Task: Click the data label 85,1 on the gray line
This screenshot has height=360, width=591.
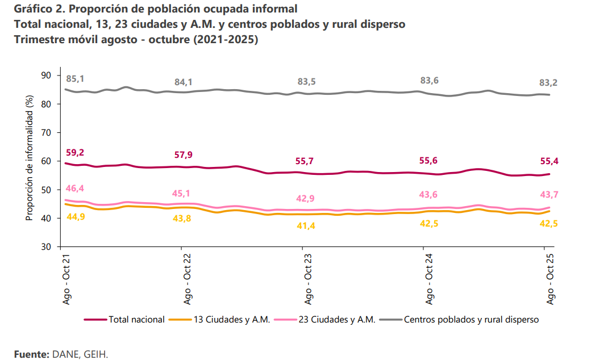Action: (75, 79)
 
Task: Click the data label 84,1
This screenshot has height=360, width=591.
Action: (183, 82)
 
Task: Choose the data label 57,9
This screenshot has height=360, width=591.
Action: (183, 154)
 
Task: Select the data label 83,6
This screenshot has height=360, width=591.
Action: (429, 81)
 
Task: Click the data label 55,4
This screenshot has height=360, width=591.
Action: (548, 161)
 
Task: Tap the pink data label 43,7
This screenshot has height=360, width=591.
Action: (548, 195)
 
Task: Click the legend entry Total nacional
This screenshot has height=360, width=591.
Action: (136, 320)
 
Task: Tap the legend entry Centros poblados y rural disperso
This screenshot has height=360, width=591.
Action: (471, 320)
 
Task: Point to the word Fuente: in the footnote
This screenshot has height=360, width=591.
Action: (32, 354)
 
